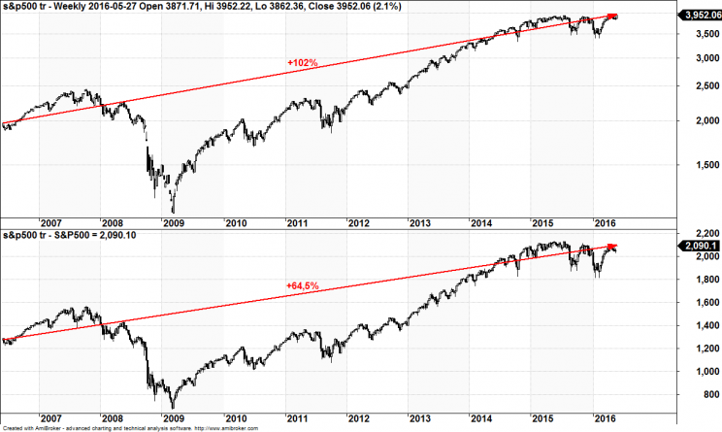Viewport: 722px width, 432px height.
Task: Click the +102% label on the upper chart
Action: click(x=303, y=63)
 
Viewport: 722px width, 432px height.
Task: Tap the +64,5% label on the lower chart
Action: click(x=303, y=285)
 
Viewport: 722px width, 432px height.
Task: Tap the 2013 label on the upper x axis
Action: click(x=419, y=223)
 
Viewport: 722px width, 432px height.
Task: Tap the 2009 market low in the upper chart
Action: click(x=173, y=212)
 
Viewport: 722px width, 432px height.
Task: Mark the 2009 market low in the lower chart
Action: click(x=173, y=408)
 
